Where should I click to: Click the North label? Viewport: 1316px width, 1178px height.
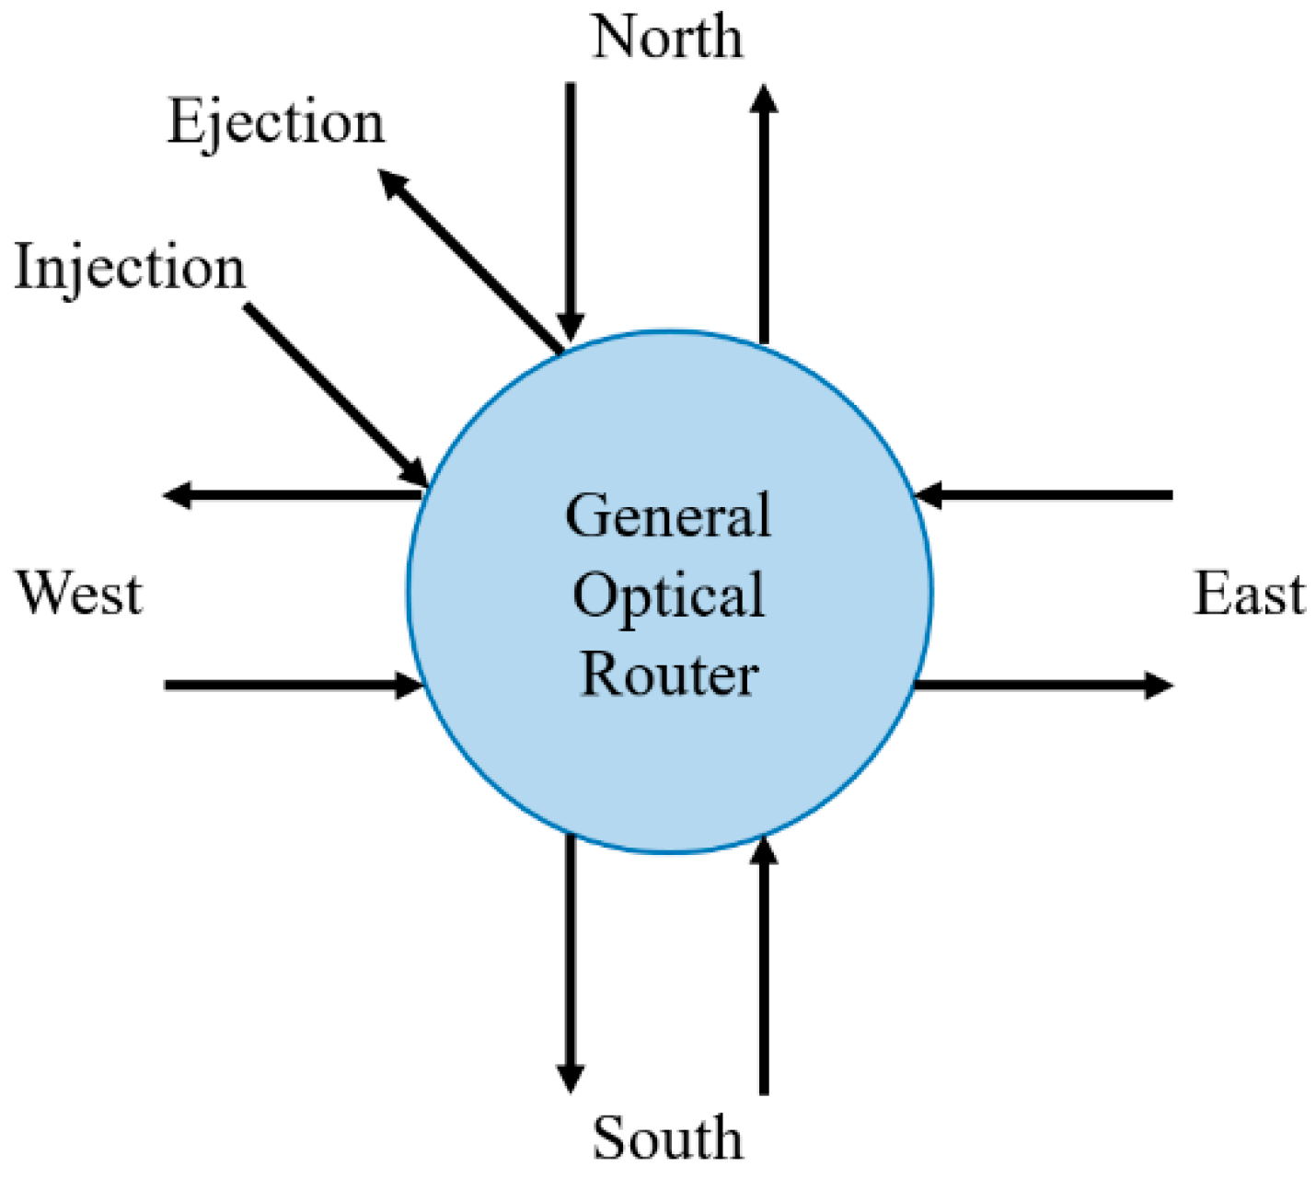coord(666,38)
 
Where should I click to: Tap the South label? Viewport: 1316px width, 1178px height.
coord(666,1138)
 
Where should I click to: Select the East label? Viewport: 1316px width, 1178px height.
coord(1249,594)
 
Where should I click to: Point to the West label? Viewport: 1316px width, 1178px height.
coord(80,594)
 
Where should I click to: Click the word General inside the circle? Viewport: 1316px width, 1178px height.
coord(667,516)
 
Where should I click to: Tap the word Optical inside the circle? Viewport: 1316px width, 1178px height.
coord(668,596)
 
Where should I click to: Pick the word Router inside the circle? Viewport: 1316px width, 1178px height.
coord(669,675)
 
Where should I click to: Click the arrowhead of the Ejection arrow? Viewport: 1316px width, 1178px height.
coord(393,183)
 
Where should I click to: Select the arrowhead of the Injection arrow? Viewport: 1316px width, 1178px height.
coord(414,471)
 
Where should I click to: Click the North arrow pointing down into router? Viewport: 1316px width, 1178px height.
coord(571,212)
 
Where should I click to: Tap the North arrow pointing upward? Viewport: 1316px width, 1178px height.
coord(763,212)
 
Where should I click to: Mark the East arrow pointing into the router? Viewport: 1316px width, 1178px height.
coord(1045,495)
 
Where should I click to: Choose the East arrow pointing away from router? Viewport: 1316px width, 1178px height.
coord(1045,685)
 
